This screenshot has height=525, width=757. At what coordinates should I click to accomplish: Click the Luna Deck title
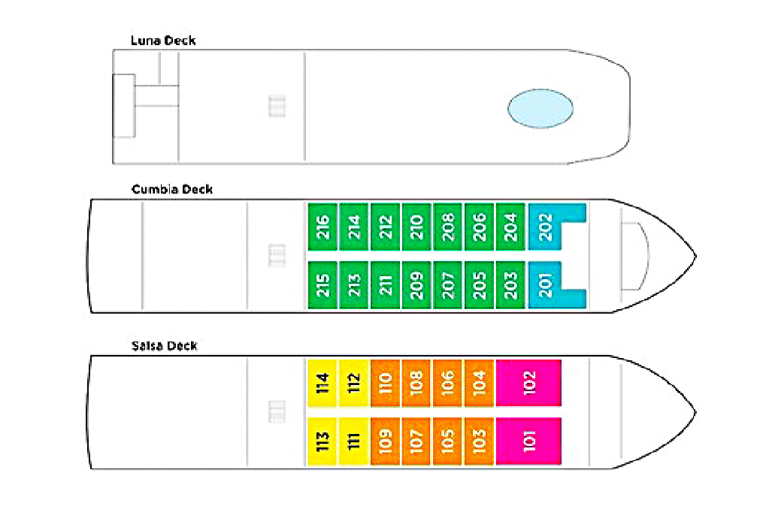163,41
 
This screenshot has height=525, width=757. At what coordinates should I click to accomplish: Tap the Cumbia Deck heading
172,190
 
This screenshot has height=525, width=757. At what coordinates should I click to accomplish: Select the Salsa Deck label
164,346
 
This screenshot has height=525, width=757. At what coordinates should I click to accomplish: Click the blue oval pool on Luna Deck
540,108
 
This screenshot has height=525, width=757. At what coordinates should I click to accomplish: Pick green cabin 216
322,227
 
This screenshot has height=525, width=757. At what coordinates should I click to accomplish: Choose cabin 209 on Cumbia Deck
416,285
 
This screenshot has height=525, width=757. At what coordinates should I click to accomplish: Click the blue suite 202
546,226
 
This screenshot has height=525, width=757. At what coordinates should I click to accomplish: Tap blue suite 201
546,285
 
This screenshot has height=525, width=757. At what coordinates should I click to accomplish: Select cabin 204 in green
510,227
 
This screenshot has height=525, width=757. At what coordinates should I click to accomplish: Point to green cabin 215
322,285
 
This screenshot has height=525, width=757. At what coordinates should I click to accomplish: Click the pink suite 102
528,383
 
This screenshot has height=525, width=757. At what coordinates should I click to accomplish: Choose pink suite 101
528,441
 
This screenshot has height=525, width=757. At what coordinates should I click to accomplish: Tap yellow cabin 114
322,383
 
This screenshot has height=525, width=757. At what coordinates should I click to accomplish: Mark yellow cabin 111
353,441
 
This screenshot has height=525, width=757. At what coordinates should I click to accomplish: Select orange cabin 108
416,383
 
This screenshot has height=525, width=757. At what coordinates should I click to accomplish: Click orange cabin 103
479,441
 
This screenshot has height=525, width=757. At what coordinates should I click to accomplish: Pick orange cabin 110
385,383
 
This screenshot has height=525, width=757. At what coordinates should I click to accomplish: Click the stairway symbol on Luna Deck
277,106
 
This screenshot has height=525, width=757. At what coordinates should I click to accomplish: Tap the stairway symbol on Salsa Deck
277,411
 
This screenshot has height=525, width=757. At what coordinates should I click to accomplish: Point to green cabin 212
385,227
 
